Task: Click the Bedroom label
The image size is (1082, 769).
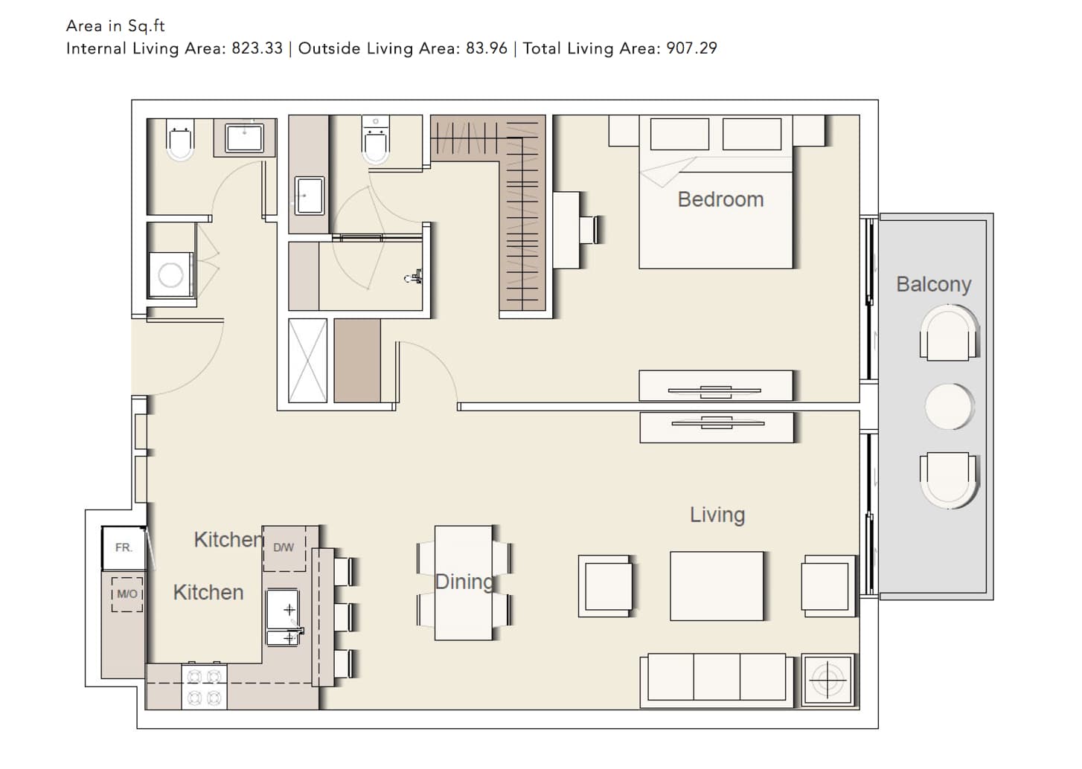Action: tap(720, 199)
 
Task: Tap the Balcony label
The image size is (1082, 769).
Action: tap(933, 284)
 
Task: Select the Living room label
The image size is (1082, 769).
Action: tap(717, 515)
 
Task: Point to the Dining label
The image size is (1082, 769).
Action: tap(464, 582)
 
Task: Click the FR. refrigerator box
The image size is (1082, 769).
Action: tap(124, 548)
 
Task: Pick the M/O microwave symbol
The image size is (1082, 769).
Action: tap(127, 594)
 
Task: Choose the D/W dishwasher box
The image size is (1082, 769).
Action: tap(284, 548)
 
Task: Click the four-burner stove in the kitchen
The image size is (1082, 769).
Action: tap(204, 687)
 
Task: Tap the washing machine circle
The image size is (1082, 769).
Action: tap(170, 276)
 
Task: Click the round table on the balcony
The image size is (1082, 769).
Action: tap(949, 407)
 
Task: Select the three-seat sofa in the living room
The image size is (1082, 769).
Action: tap(717, 680)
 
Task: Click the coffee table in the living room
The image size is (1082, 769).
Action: tap(717, 586)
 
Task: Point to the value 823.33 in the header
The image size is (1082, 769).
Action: tap(257, 48)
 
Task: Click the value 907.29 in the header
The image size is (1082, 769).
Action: tap(692, 48)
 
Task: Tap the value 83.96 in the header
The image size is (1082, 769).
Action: tap(487, 48)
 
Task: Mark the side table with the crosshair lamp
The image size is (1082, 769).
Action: tap(828, 680)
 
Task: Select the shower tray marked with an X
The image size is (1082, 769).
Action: tap(307, 360)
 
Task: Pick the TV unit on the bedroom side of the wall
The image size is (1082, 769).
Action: tap(716, 386)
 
